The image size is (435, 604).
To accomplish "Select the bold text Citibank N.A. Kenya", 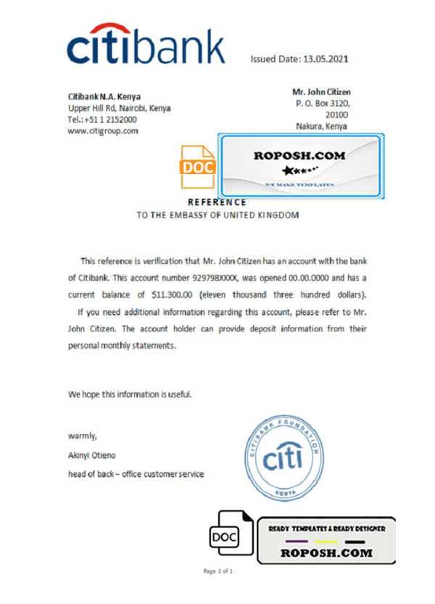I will click(104, 96).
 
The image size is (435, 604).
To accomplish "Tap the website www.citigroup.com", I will click(103, 131).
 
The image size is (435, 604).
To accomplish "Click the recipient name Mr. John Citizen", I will click(321, 92).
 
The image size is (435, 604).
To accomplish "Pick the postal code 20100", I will click(336, 115).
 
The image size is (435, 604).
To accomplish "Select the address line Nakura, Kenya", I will click(321, 125).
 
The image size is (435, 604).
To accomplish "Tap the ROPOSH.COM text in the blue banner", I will click(299, 155).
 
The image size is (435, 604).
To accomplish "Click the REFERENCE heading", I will click(217, 202).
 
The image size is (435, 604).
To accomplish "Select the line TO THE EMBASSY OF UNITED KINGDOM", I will click(217, 215).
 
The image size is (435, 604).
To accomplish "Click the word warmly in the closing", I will click(82, 436).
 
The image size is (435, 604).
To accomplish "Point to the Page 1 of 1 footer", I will click(217, 571).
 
